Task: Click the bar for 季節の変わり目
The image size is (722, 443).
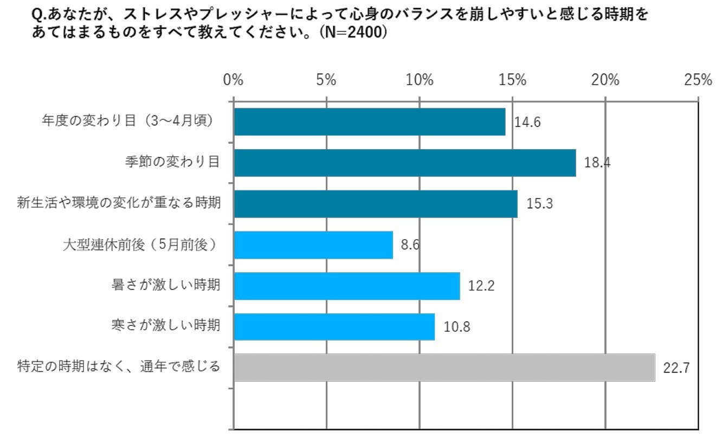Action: [405, 163]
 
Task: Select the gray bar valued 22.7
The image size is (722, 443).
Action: [444, 368]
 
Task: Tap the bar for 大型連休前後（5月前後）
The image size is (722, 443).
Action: [314, 245]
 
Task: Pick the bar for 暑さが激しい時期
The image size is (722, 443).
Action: [347, 286]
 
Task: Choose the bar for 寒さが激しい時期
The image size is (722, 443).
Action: [334, 327]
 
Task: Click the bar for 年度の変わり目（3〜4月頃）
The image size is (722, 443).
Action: [370, 122]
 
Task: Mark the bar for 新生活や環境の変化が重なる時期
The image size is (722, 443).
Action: [376, 204]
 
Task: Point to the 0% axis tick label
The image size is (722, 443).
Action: [233, 80]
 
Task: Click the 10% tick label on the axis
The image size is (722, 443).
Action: [420, 80]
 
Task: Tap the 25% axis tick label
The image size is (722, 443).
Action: [698, 80]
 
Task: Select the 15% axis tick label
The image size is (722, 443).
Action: [512, 80]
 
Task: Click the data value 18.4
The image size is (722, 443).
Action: [597, 163]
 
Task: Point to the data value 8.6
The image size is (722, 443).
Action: [410, 245]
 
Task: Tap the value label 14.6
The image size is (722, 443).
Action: [527, 122]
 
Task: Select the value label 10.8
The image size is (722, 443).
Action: [457, 327]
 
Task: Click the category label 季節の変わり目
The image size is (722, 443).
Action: [172, 162]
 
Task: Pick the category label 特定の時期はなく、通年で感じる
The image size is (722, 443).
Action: [119, 366]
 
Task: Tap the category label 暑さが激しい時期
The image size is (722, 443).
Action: [166, 285]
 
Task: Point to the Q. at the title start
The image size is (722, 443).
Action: [40, 15]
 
